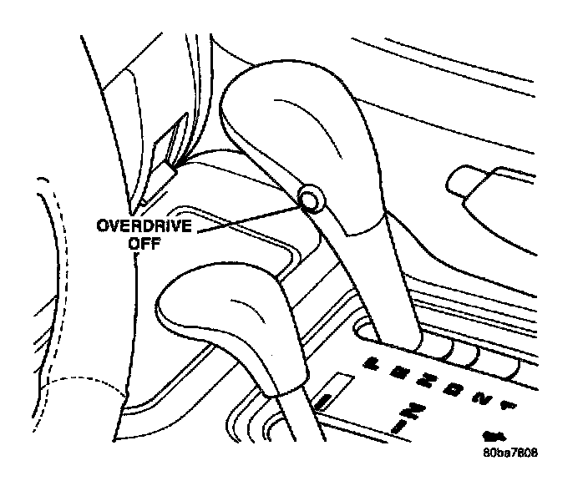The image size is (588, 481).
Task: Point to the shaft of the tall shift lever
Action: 367,292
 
